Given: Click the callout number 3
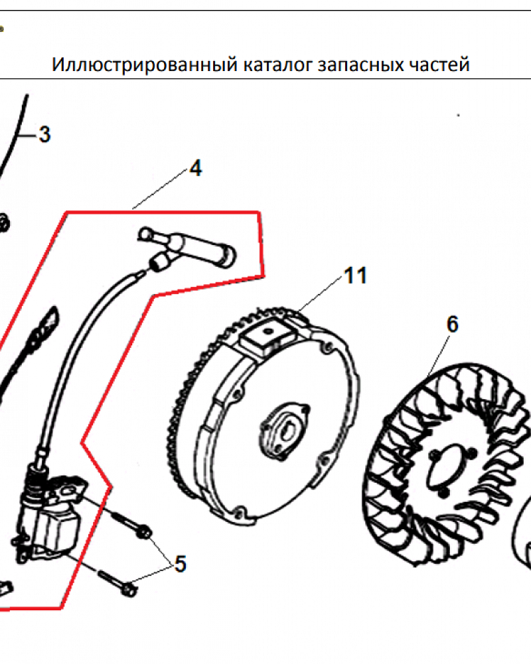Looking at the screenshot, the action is point(44,135).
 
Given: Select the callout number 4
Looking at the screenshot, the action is point(196,168).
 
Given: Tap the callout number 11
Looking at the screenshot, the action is point(355,276).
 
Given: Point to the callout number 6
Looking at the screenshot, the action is point(453,325).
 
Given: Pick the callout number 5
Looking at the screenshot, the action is point(181,564).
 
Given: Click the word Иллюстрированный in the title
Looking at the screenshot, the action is point(145,65).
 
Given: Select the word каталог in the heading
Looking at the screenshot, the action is point(278,65).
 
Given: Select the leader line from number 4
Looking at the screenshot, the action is point(160,189).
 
